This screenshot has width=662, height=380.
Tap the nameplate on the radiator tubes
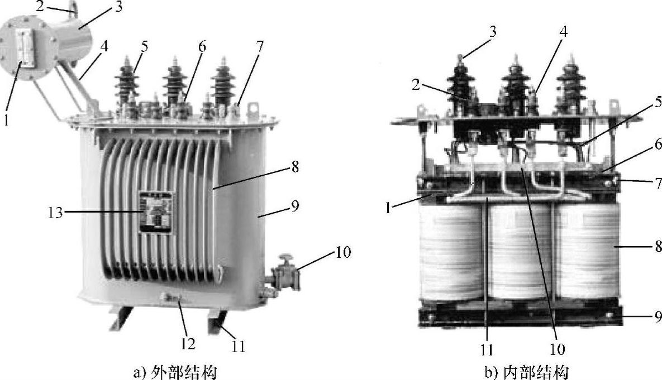[156, 213]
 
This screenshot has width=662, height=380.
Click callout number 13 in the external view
[55, 213]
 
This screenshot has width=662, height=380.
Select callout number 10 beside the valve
[343, 253]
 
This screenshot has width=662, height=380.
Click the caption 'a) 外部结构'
[175, 372]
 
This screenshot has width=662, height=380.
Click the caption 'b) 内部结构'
[526, 372]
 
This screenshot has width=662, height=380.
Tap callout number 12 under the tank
[188, 344]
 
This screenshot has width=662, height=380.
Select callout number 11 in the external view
[237, 347]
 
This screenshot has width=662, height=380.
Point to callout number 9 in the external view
[294, 206]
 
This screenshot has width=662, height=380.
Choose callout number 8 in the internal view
[658, 246]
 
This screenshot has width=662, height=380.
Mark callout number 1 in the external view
[6, 120]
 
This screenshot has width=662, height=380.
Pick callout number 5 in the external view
[145, 46]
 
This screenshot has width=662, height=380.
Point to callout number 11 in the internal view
[487, 349]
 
